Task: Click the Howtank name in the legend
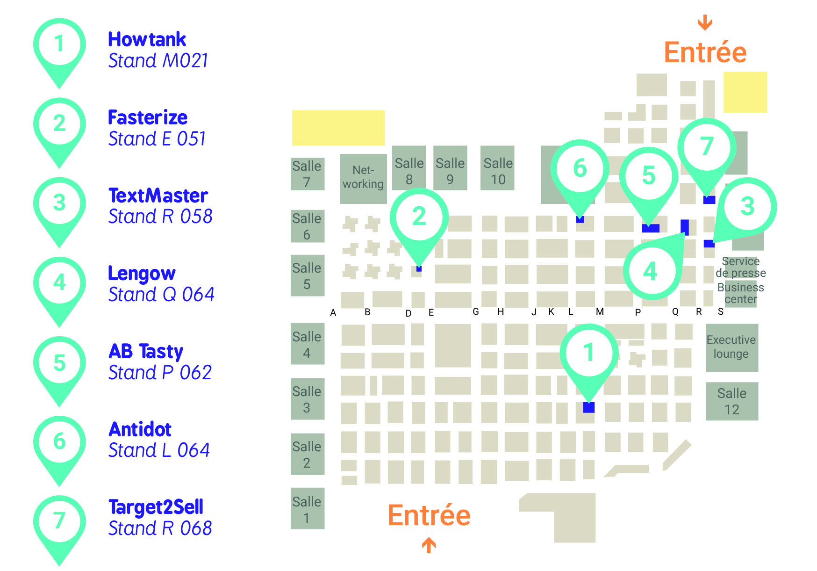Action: coord(147,39)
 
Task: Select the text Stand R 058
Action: coord(160,216)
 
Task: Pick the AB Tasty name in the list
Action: coord(146,351)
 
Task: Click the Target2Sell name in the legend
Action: coord(156,507)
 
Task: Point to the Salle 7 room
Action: coord(308,173)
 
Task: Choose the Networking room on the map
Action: coord(363,178)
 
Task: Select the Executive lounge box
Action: coord(731,347)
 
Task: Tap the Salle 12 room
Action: coord(732,401)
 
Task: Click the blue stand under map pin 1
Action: coord(589,407)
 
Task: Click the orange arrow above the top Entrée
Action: coord(705,22)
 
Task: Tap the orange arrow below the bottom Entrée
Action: coord(429,545)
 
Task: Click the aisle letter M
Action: coord(600,311)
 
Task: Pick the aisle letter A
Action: coord(333,312)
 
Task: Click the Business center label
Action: coord(741,293)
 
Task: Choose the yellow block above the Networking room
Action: coord(338,128)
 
